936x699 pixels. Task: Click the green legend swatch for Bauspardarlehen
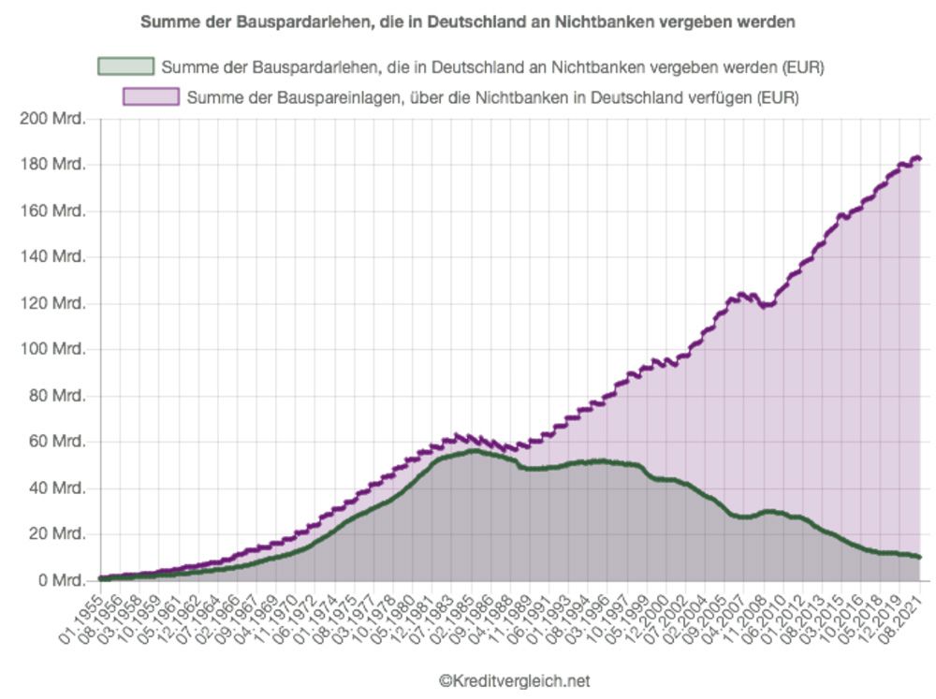click(x=125, y=66)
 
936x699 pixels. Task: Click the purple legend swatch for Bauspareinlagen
click(x=151, y=96)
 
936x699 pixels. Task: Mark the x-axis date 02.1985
click(x=451, y=619)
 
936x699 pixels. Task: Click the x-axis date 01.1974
click(x=314, y=619)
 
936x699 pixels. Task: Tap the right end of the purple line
click(x=920, y=158)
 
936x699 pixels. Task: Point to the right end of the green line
click(x=920, y=557)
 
